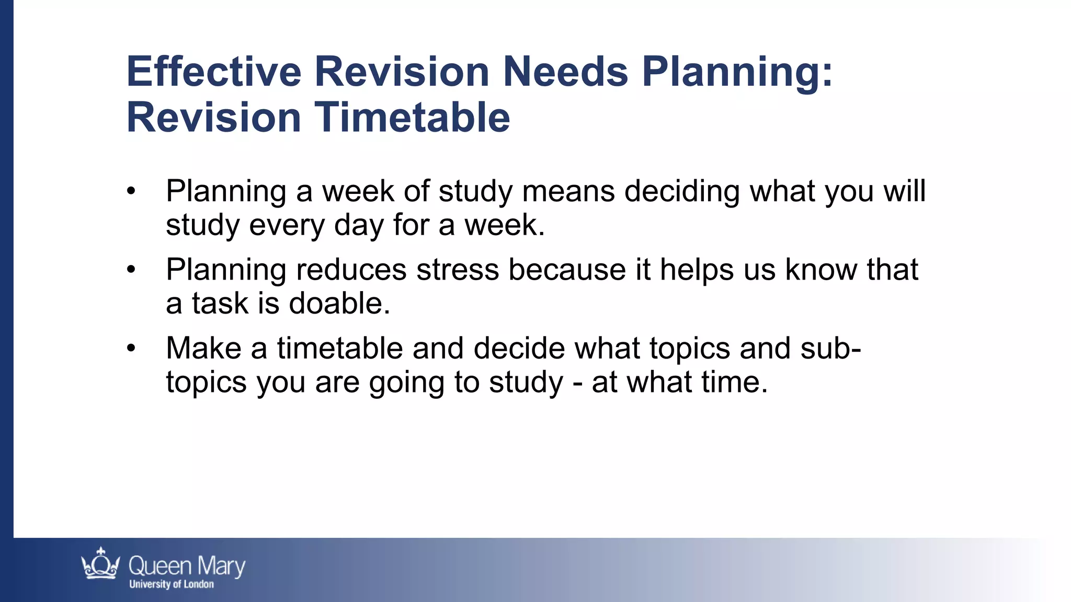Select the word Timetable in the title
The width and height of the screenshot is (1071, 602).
[x=412, y=117]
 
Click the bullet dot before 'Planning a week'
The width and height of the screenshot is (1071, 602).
[x=131, y=191]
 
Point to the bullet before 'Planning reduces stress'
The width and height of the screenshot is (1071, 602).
[x=131, y=270]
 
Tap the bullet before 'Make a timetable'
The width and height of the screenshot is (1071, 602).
[x=131, y=349]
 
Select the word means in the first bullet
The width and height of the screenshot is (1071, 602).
[x=568, y=191]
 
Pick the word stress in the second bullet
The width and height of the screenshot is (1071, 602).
[x=457, y=270]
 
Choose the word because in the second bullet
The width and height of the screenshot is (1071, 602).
[x=567, y=270]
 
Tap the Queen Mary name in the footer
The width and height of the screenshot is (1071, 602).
[x=187, y=566]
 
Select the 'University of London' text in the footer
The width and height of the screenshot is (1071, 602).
[x=172, y=584]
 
